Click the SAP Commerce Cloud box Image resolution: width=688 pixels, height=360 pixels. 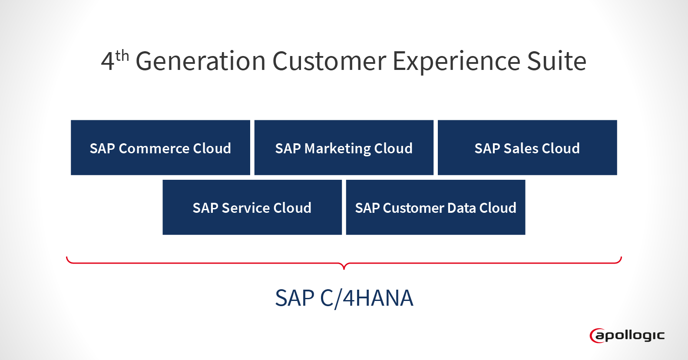click(160, 148)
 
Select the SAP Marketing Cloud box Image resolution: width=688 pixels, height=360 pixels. click(344, 148)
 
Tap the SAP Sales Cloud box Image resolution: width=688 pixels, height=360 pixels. click(527, 148)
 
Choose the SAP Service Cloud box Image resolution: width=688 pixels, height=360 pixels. click(252, 207)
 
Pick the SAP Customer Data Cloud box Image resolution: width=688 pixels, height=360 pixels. click(435, 207)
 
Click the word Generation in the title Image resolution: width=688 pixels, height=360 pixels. click(200, 61)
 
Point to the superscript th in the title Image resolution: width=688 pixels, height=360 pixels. click(122, 56)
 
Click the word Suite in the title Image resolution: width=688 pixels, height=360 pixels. click(556, 61)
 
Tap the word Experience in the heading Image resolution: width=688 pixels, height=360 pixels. click(456, 61)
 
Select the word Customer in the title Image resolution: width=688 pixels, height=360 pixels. click(329, 61)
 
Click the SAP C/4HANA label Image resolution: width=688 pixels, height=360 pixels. click(344, 298)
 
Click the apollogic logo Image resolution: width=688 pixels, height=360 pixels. click(627, 335)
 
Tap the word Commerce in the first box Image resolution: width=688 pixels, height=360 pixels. click(154, 149)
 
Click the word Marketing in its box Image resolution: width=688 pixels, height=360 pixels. click(337, 149)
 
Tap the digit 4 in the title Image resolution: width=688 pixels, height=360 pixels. click(107, 62)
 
